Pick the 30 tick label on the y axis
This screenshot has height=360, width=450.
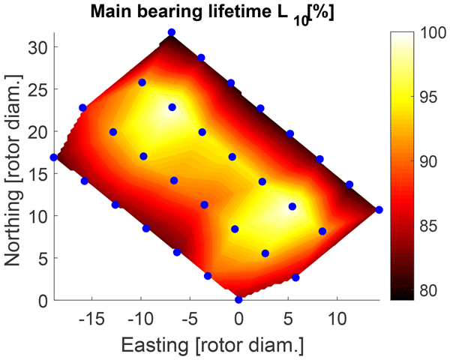pyautogui.click(x=38, y=46)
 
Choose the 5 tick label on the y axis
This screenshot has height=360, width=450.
pyautogui.click(x=43, y=258)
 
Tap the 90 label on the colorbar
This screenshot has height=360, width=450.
pyautogui.click(x=427, y=163)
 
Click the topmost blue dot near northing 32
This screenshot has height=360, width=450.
pyautogui.click(x=172, y=32)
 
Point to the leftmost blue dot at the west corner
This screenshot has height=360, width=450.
pyautogui.click(x=53, y=157)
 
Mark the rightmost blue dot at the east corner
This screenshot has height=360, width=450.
pyautogui.click(x=379, y=210)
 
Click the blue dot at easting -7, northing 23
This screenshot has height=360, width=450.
pyautogui.click(x=172, y=107)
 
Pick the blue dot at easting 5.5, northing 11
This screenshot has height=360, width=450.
pyautogui.click(x=292, y=206)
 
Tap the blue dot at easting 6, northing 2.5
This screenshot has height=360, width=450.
pyautogui.click(x=295, y=277)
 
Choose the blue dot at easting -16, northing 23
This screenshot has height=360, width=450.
pyautogui.click(x=82, y=108)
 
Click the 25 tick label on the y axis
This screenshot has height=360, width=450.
pyautogui.click(x=38, y=89)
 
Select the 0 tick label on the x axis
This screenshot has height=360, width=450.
pyautogui.click(x=238, y=319)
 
